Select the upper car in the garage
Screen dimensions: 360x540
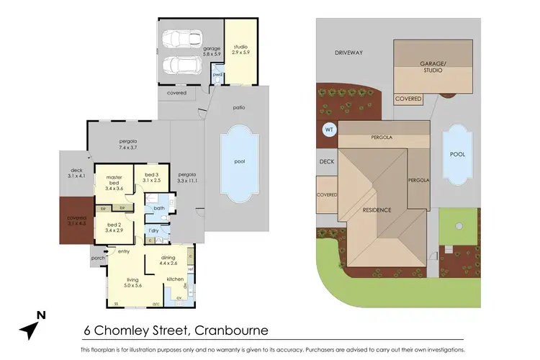[183, 38]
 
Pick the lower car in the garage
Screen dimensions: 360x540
[183, 66]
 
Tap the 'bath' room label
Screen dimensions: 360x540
[159, 208]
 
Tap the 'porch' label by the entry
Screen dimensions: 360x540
[98, 257]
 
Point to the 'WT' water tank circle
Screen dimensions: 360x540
[329, 130]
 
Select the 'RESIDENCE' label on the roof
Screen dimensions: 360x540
[377, 210]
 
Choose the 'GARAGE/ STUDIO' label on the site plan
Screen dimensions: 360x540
[433, 67]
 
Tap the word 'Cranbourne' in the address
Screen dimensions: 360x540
[230, 330]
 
